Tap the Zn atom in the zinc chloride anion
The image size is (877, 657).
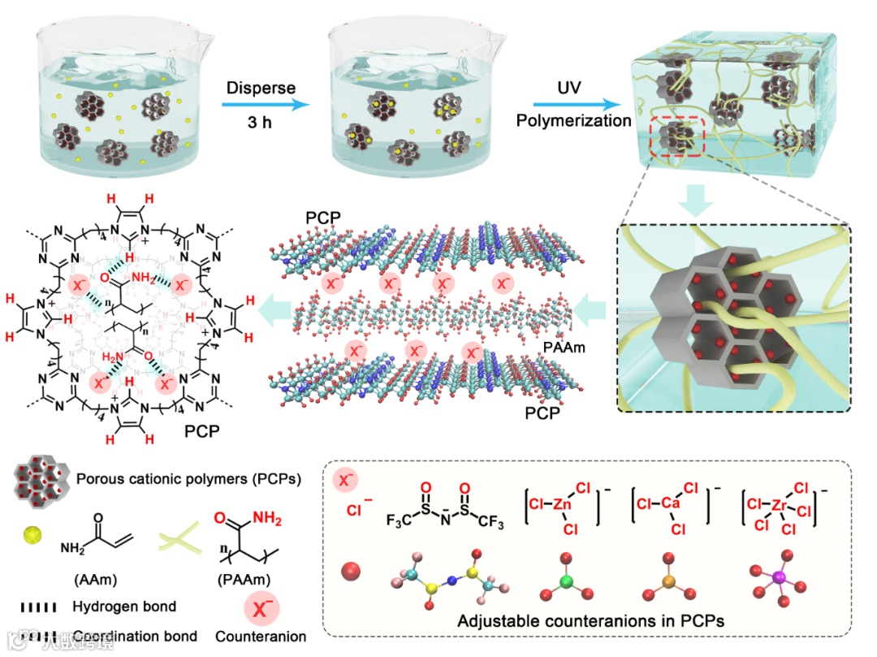pos(561,504)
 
